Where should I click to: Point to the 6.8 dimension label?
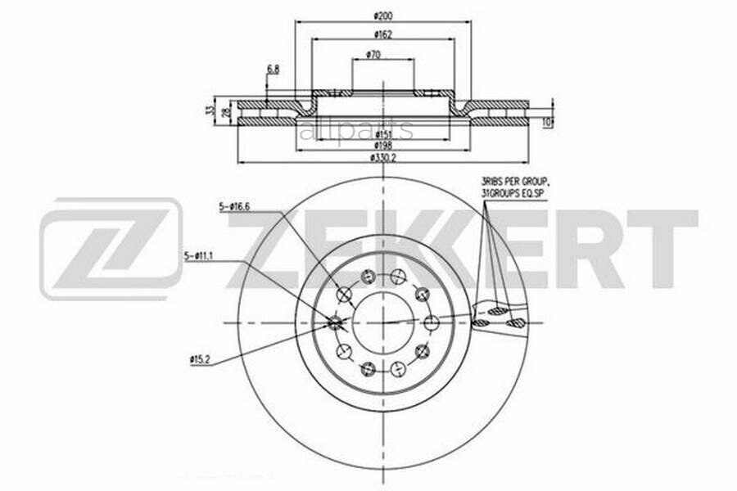(272, 70)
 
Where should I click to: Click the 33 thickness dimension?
(211, 110)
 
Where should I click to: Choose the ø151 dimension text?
(383, 133)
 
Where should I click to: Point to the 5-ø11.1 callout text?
(200, 256)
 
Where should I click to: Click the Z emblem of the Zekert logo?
(111, 248)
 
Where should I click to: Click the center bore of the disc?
(383, 322)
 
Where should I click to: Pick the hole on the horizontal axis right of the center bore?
(428, 322)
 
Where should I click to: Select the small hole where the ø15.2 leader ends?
(334, 322)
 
